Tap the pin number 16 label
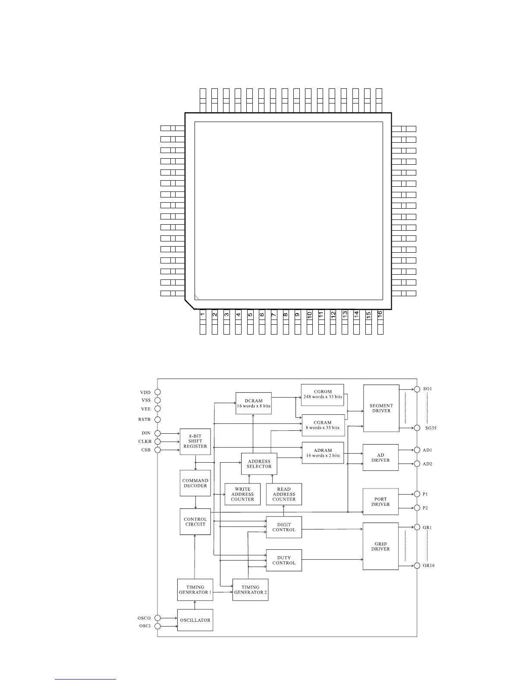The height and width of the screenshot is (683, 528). [x=380, y=315]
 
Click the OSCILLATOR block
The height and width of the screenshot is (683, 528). [x=195, y=620]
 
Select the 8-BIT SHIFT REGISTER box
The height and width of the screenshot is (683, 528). [x=195, y=441]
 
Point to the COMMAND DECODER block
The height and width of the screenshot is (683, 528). [x=195, y=483]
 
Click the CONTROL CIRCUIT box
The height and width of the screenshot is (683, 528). [x=195, y=522]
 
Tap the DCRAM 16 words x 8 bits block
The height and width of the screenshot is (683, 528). [x=253, y=403]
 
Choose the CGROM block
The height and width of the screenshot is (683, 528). [x=323, y=395]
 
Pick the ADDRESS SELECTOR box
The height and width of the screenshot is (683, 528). [x=259, y=464]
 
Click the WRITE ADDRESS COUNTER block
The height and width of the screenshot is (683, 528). [x=242, y=494]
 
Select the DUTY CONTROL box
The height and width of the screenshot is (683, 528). [x=284, y=560]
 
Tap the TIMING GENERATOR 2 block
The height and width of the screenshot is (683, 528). [x=250, y=589]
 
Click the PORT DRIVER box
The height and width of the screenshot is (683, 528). [x=380, y=501]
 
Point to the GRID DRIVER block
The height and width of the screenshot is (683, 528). [x=380, y=546]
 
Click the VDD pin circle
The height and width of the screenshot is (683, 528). [x=157, y=392]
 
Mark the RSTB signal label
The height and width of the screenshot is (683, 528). [x=145, y=420]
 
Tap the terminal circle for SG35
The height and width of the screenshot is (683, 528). [x=417, y=428]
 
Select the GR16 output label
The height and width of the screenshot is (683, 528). [x=428, y=565]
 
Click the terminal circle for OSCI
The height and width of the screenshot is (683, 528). [x=157, y=626]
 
